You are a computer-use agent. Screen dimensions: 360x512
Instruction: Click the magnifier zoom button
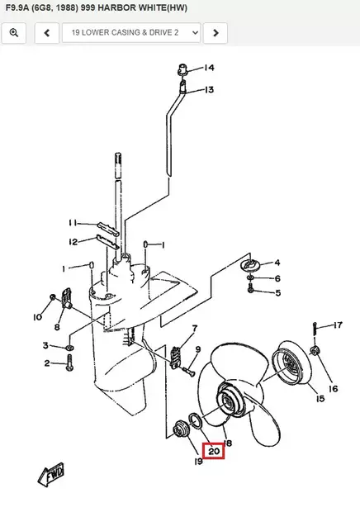coord(14,33)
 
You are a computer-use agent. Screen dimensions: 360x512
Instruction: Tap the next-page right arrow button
coord(216,33)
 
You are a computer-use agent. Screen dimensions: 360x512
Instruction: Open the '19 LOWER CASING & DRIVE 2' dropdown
coord(131,33)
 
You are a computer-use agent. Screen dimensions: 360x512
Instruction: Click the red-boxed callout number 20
coord(214,451)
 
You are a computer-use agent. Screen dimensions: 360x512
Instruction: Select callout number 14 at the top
coord(209,68)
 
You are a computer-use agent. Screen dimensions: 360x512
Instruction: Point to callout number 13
coord(209,89)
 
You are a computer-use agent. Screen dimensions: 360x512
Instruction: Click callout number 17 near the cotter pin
coord(338,325)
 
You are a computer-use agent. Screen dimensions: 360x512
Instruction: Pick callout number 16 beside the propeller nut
coord(334,389)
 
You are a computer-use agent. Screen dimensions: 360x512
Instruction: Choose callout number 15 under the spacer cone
coord(320,398)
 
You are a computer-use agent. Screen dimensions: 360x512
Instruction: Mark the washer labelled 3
coord(69,347)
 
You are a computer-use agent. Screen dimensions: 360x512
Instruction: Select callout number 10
coord(37,317)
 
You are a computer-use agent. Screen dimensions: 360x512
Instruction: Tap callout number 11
coord(73,223)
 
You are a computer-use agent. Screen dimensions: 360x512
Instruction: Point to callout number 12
coord(73,242)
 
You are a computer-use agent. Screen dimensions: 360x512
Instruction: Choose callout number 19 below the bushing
coord(198,461)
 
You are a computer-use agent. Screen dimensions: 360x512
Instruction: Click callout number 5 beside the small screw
coord(278,293)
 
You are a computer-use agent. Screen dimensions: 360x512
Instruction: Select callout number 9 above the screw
coord(198,349)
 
